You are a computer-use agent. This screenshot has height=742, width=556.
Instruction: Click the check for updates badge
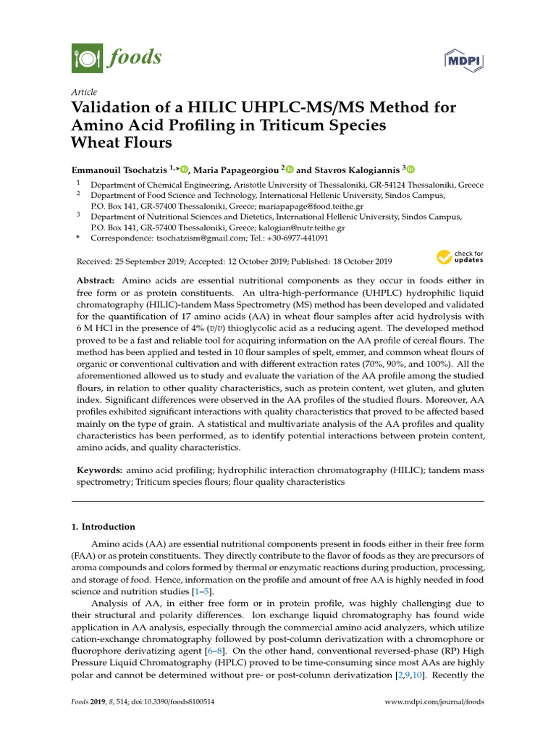click(460, 257)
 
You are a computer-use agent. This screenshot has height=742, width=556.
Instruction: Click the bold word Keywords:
click(100, 471)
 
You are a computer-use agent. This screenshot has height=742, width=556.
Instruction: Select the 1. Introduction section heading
click(108, 527)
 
